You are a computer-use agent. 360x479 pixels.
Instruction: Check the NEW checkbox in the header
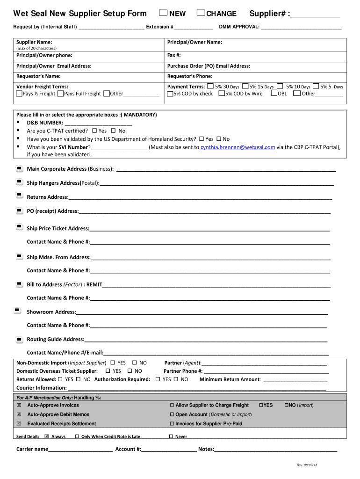point(163,13)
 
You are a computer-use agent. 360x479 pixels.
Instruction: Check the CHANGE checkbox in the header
point(201,13)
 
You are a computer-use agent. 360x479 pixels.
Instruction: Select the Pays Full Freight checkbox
point(60,94)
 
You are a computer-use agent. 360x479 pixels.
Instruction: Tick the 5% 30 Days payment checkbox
point(210,86)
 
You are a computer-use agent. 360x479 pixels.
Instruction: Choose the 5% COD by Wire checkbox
point(221,94)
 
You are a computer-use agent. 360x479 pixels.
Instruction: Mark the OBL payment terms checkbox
point(274,94)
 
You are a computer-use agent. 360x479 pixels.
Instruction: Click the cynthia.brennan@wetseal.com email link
point(238,147)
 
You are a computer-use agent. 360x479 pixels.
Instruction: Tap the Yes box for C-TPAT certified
point(94,131)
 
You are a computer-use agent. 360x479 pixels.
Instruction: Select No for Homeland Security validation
point(219,139)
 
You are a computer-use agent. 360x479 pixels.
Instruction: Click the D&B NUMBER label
point(45,123)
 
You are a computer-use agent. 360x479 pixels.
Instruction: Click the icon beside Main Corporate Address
point(19,168)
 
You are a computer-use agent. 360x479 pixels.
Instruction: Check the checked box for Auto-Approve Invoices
point(19,405)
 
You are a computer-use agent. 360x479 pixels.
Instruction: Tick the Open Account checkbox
point(172,414)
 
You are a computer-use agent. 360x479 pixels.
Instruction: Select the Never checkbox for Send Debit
point(171,436)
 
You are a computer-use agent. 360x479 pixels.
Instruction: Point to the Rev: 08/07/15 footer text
point(307,465)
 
